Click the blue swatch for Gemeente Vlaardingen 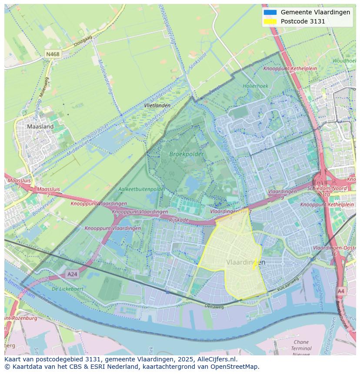[x=270, y=12]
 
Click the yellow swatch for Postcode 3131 [x=270, y=21]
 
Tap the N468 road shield [x=53, y=54]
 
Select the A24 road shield [x=72, y=274]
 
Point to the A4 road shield [x=341, y=291]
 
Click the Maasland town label [x=40, y=127]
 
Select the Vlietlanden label [x=157, y=106]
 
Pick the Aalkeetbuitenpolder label [x=142, y=189]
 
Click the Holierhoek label [x=255, y=86]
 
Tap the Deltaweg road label [x=214, y=306]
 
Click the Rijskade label [x=179, y=220]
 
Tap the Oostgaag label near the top [x=83, y=42]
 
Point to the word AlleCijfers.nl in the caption [x=215, y=359]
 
